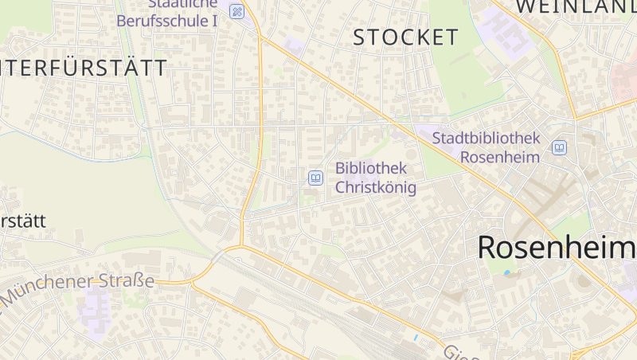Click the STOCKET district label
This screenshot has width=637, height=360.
click(x=405, y=37)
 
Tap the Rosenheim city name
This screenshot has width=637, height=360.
click(x=557, y=248)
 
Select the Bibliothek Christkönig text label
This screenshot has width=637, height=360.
click(x=376, y=178)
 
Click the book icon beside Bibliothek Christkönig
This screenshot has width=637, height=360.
click(x=315, y=178)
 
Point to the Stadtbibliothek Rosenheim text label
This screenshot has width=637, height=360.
click(x=486, y=147)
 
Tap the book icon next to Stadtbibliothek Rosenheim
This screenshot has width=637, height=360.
click(x=560, y=147)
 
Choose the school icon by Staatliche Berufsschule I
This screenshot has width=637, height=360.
click(x=236, y=11)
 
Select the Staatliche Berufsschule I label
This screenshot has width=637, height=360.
click(x=166, y=14)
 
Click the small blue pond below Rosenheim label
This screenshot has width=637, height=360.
click(x=506, y=273)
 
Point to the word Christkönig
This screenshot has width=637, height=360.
click(x=376, y=187)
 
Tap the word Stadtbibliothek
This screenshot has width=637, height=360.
click(x=486, y=138)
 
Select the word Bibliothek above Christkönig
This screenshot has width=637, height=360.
click(x=371, y=168)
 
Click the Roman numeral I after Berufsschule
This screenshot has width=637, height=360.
click(x=214, y=21)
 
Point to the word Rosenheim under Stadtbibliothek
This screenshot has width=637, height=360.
click(x=500, y=157)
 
